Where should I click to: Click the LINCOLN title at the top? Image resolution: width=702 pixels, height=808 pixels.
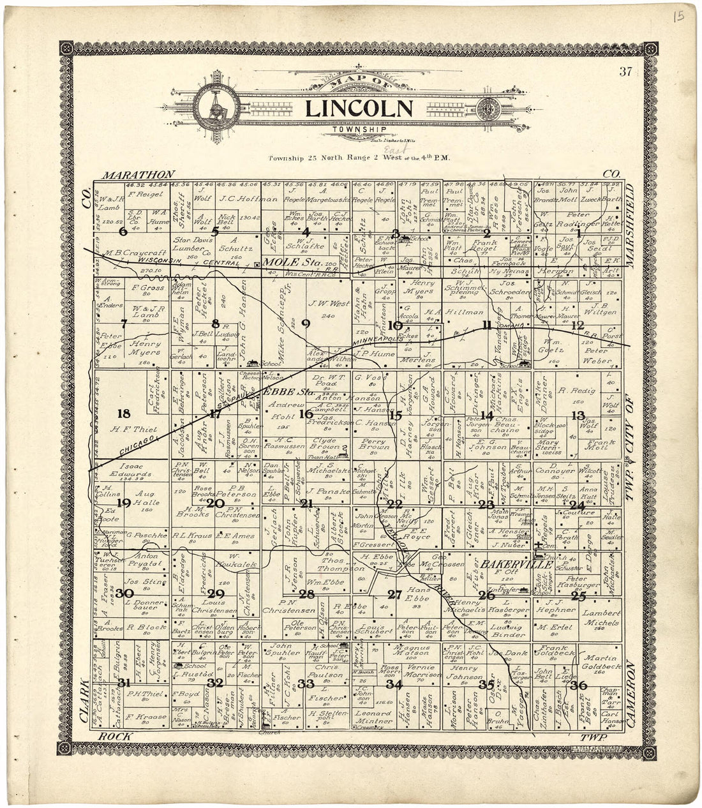(x=359, y=108)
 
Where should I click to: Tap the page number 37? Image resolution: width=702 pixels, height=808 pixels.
(x=625, y=71)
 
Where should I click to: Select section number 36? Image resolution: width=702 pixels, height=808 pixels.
(x=578, y=685)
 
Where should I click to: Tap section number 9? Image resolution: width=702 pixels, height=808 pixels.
(x=305, y=323)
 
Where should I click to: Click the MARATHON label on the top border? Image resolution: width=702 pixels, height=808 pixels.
(x=138, y=174)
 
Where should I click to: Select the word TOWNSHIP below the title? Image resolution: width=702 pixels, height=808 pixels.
(x=359, y=130)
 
